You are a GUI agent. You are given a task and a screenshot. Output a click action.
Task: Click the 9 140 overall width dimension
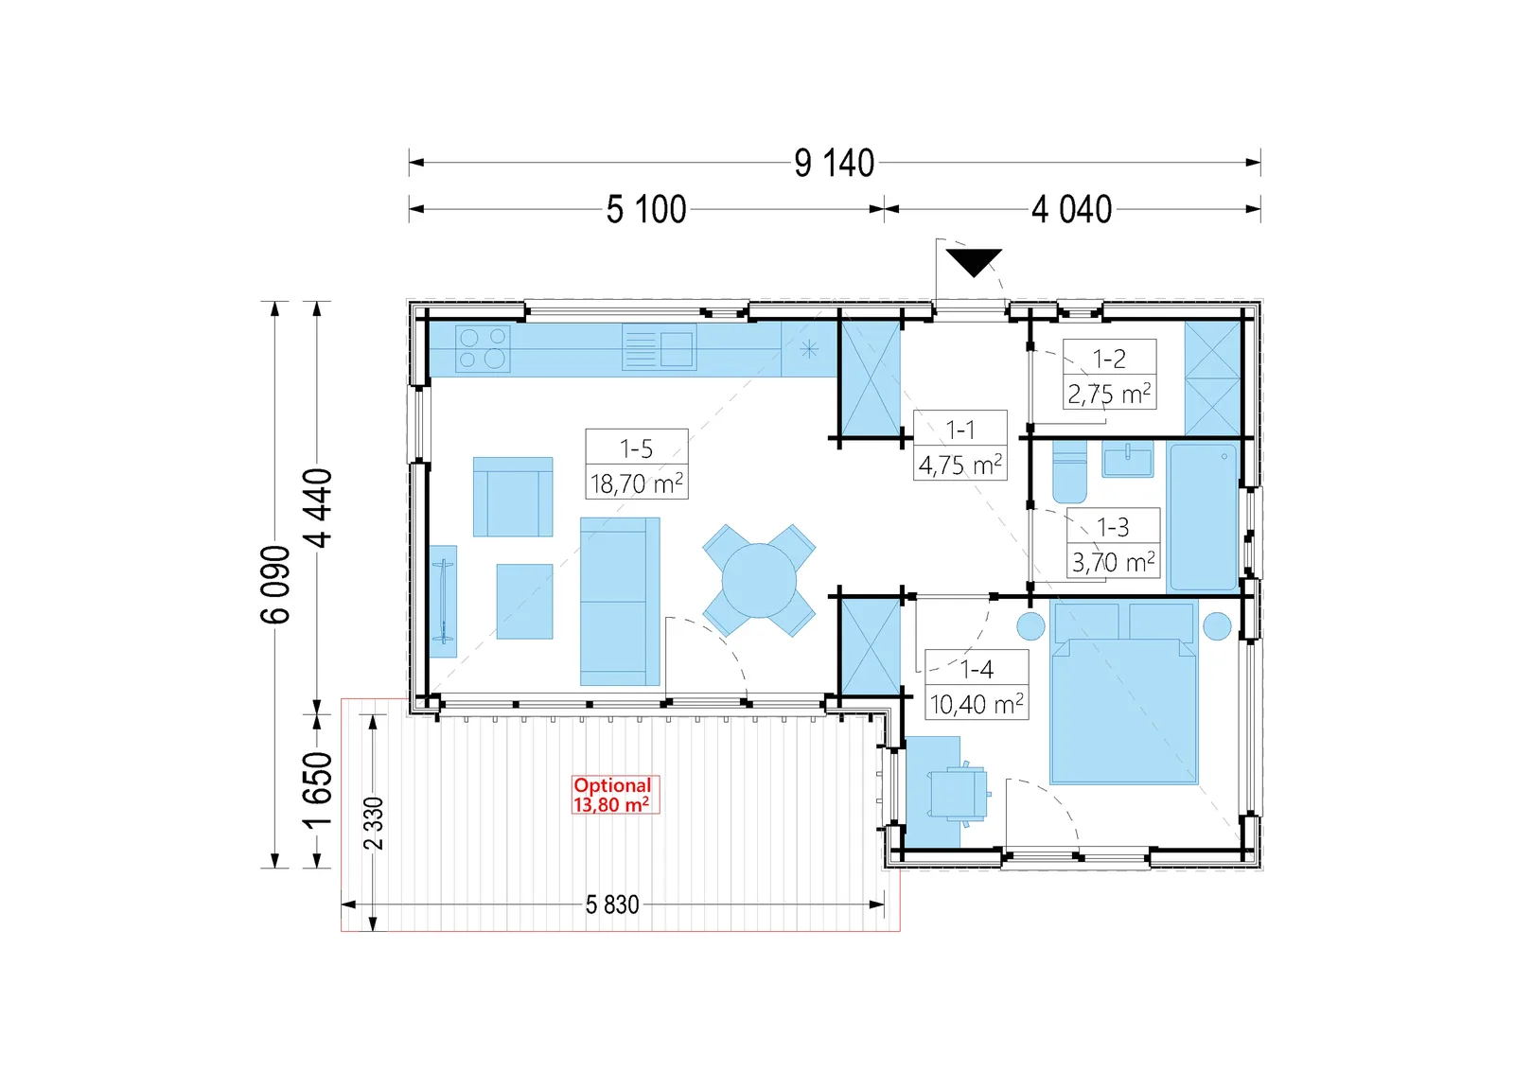coord(834,163)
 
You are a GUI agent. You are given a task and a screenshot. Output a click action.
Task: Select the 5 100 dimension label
coord(646,209)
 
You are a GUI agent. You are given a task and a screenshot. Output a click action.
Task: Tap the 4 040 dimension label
coord(1071,209)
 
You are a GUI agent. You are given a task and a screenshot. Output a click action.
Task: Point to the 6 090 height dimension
coord(275,585)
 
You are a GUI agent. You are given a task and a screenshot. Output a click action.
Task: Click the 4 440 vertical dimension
coord(318,508)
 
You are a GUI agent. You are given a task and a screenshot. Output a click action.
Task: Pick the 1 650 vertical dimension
coord(318,790)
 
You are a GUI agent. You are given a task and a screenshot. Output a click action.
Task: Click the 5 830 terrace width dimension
coord(611,904)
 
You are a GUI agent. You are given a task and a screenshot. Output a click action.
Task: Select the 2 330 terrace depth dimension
coord(373,823)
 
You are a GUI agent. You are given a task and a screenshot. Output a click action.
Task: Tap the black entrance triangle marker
coord(974,262)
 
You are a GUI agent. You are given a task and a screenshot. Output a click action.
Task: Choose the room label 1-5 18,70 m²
coord(637,465)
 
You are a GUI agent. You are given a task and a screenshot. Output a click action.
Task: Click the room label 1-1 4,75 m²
coord(959,446)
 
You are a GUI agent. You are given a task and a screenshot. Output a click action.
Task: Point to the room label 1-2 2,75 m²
coord(1109,375)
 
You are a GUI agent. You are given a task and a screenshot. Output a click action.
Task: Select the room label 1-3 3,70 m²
coord(1113,543)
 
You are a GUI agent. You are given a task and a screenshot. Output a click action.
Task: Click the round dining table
coord(759,580)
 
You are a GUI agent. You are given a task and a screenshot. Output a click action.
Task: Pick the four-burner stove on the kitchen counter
coord(483,349)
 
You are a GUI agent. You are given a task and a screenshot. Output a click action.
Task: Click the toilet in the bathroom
coord(1069,471)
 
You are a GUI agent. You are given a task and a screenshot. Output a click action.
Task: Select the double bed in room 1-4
coord(1122,694)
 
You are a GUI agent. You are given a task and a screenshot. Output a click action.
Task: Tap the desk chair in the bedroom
coord(959,794)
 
